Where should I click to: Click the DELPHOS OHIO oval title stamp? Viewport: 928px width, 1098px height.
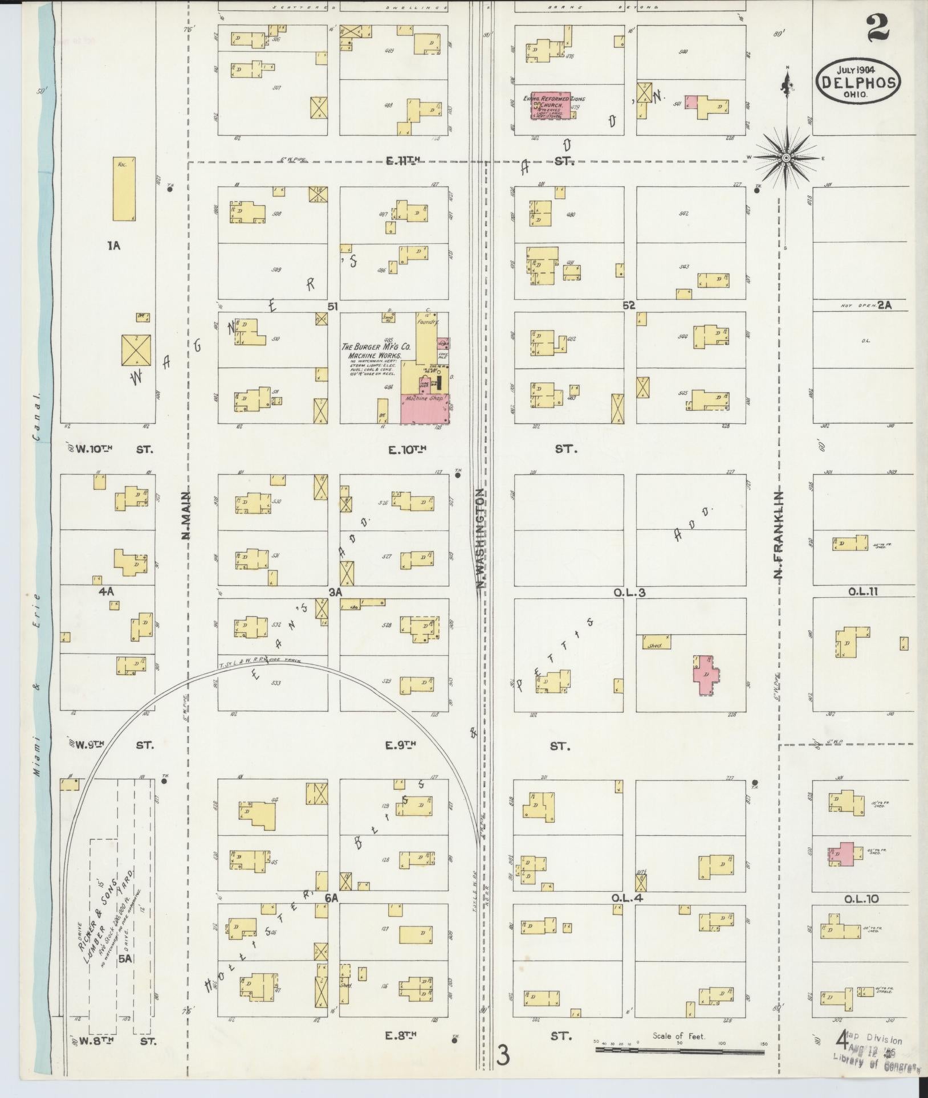pos(858,82)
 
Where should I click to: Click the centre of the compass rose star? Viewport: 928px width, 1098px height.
pos(785,157)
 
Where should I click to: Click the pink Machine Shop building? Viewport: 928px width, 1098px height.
pos(424,408)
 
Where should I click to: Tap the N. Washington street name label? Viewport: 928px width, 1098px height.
pos(481,538)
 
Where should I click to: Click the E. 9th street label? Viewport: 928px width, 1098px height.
pos(402,745)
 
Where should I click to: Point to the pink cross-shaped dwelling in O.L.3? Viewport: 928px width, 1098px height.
pos(706,675)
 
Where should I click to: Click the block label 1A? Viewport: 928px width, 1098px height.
pos(113,246)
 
